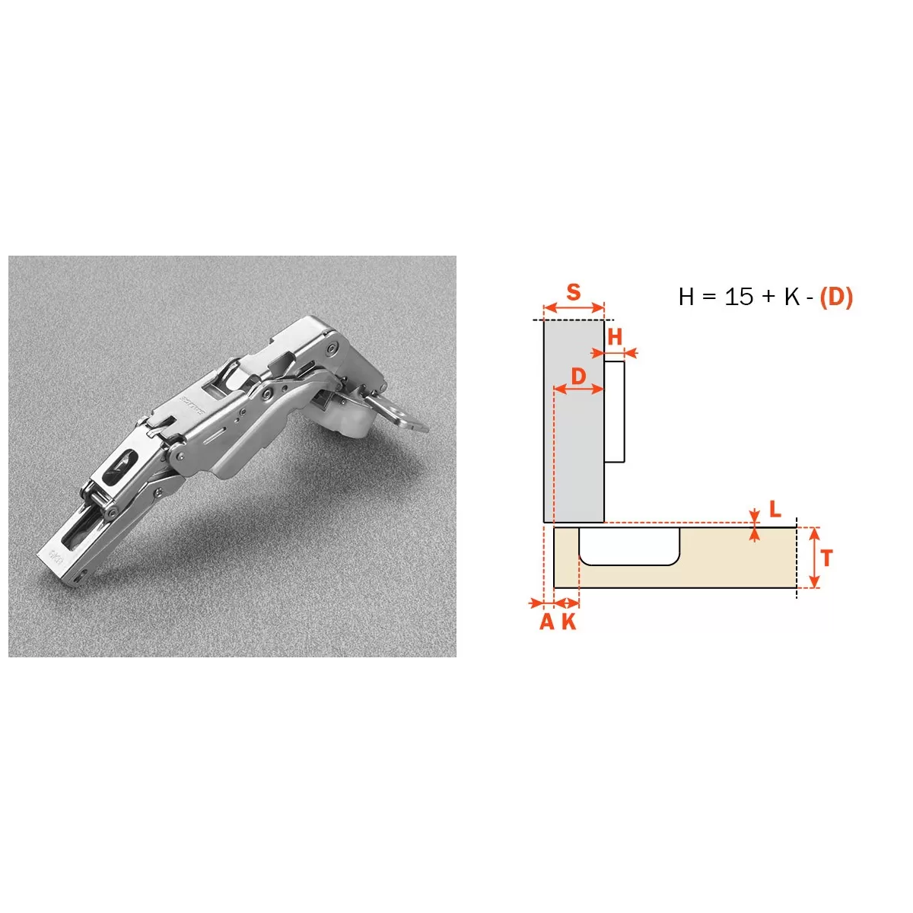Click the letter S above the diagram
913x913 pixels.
point(574,292)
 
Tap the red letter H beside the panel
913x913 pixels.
point(615,337)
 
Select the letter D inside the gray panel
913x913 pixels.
point(578,377)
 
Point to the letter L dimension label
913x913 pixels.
point(775,509)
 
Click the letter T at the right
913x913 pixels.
point(827,558)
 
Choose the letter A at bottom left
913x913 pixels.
point(547,621)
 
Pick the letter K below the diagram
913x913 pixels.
point(569,621)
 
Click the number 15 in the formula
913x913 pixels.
point(739,297)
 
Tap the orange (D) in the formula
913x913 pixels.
point(836,297)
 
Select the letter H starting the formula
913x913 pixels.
point(686,297)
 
